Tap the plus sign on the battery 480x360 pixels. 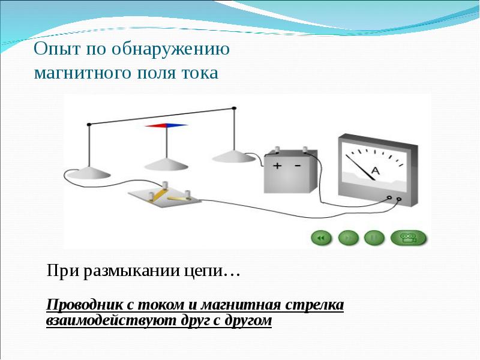[x=277, y=166]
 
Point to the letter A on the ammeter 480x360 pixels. [x=376, y=171]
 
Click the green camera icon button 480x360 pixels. [x=409, y=238]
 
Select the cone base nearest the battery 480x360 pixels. [x=235, y=156]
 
